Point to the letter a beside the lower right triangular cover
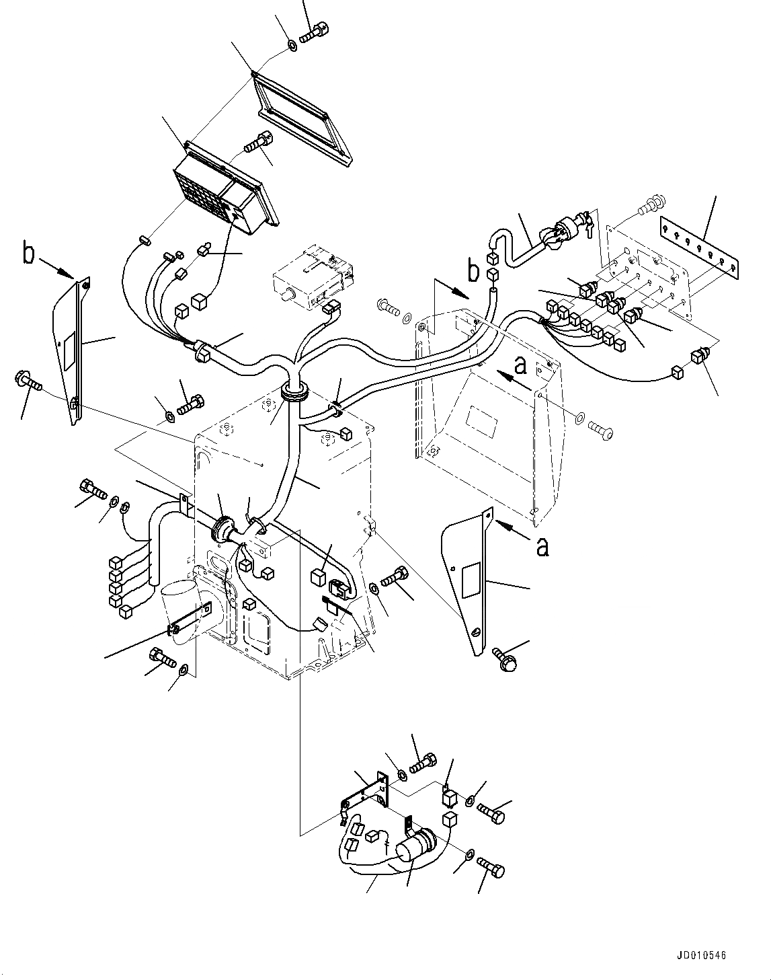click(542, 547)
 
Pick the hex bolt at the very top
click(314, 32)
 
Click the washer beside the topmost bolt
click(292, 46)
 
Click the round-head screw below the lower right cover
click(503, 658)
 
